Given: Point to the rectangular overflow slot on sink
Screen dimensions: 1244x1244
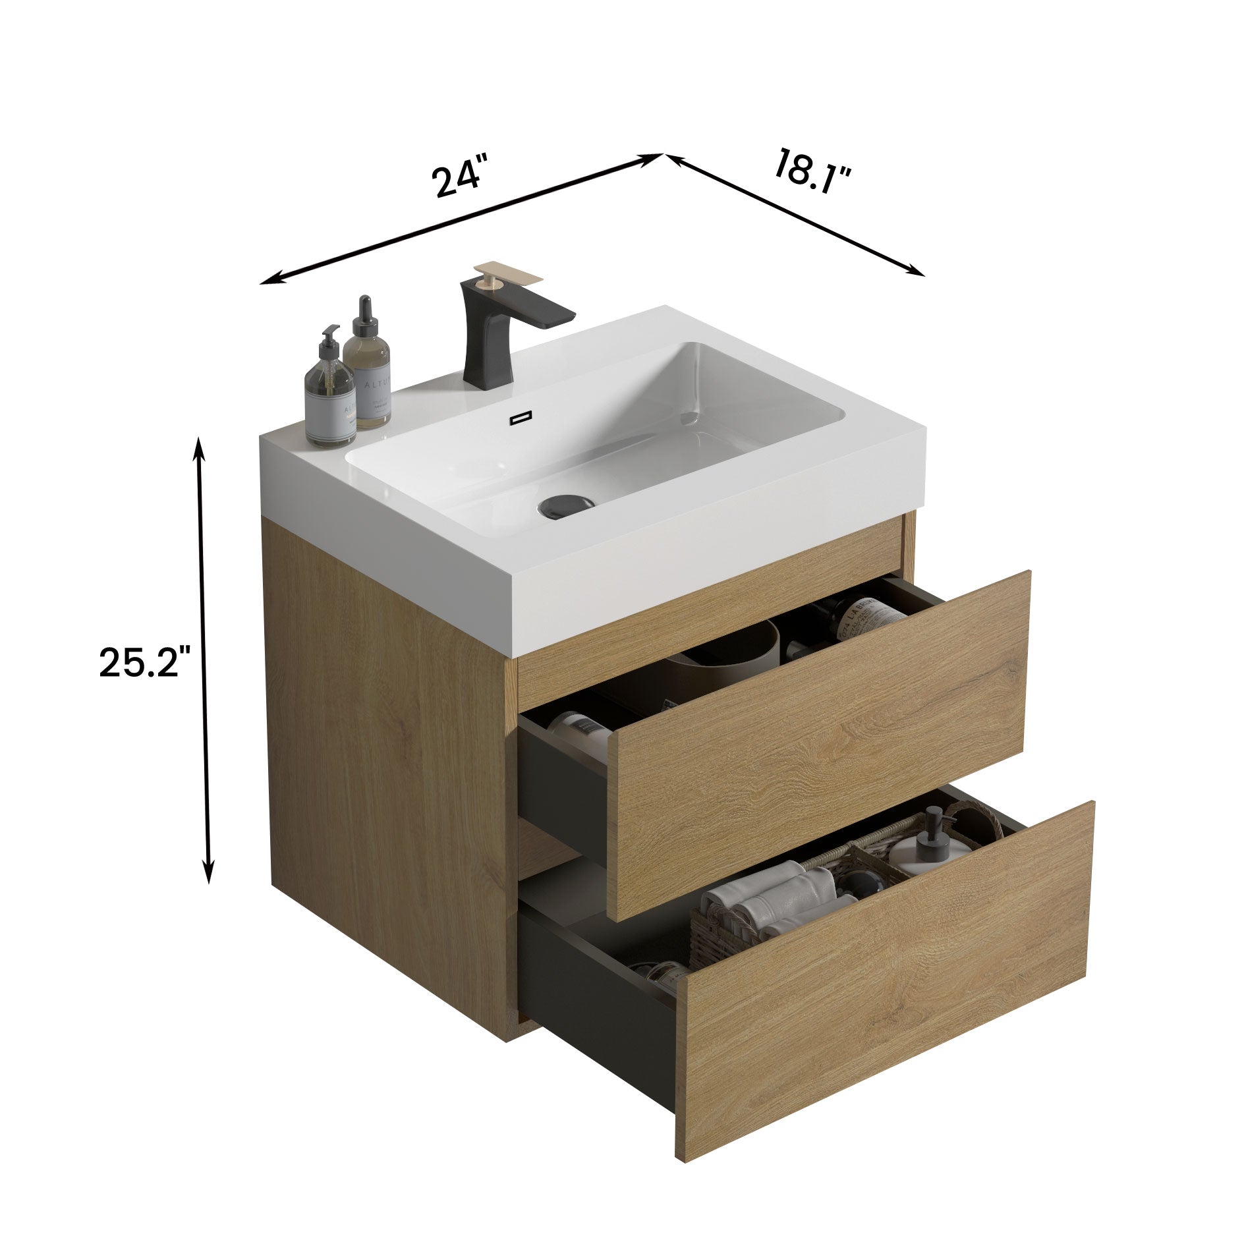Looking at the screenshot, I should point(521,417).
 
